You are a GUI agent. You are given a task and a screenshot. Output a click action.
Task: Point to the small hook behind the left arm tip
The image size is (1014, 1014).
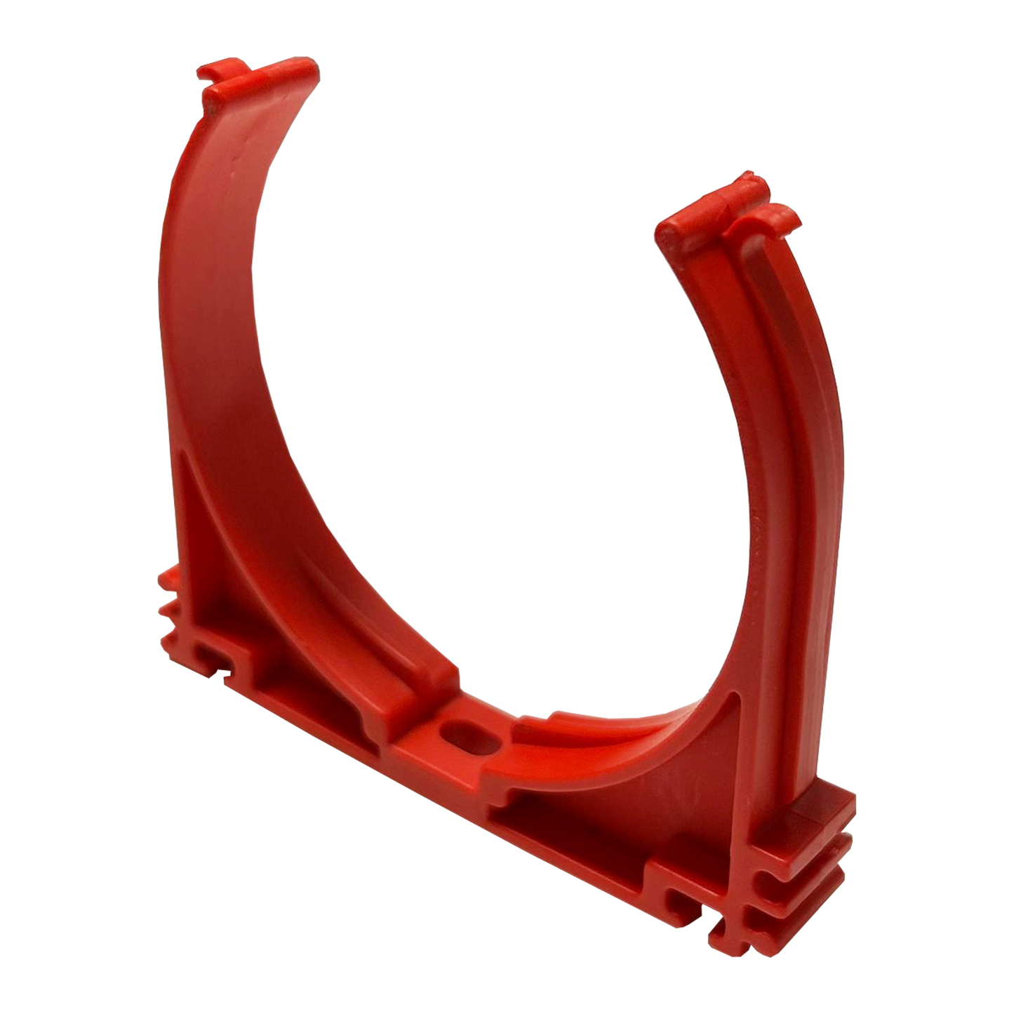tap(214, 73)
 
